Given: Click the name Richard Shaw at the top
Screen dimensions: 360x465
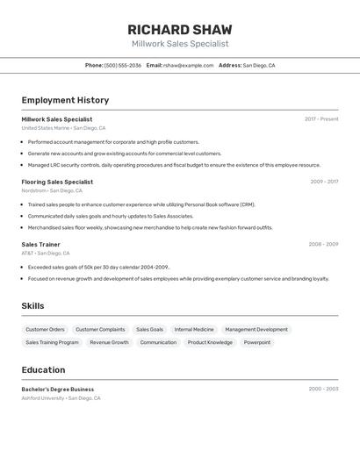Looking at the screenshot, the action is coord(180,30).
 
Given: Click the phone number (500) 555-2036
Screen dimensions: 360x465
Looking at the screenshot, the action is coord(123,65).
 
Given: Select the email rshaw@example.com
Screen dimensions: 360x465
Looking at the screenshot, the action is coord(189,65).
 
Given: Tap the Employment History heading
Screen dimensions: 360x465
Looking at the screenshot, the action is coord(65,100).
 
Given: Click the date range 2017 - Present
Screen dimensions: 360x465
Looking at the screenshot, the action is coord(321,119).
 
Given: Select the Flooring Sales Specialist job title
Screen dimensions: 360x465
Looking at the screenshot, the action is coord(57,182).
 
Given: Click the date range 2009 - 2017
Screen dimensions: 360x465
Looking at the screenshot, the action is coord(324,182).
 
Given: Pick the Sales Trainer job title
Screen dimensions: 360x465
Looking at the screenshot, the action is coord(40,244).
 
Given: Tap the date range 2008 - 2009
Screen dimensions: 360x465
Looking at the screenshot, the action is coord(323,244).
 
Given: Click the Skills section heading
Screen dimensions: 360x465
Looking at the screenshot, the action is coord(32,306).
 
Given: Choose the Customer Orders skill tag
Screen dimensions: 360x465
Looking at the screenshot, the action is coord(45,330).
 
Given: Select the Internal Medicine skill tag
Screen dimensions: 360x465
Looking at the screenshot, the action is coord(194,330).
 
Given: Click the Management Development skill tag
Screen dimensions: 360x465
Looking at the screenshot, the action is coord(256,330).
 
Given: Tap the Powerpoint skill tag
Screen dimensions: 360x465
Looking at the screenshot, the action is coord(257,342).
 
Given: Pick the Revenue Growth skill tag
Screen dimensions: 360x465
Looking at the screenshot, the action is coord(109,342).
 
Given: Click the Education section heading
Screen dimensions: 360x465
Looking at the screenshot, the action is coord(43,369).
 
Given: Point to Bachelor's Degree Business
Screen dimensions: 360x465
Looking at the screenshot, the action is coord(57,389).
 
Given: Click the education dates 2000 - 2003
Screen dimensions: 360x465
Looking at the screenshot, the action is coord(323,389).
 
